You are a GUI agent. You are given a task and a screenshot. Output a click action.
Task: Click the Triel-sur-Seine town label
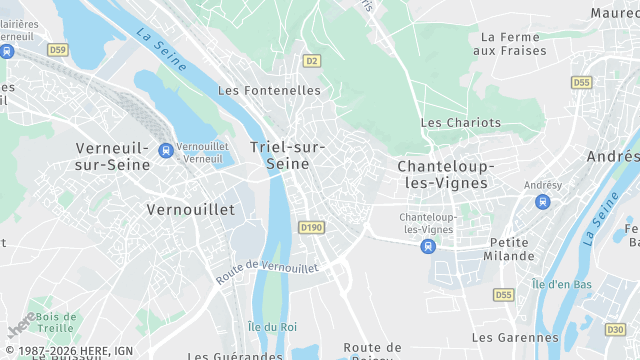[287, 155]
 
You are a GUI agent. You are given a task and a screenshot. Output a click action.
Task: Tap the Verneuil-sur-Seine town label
[112, 157]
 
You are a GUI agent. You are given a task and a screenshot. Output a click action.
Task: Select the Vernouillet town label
[190, 210]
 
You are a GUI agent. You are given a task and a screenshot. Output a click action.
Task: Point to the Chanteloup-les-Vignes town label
[442, 174]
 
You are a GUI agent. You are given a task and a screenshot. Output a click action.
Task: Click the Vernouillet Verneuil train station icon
[165, 151]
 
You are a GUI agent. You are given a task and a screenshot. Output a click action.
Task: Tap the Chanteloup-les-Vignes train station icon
[428, 245]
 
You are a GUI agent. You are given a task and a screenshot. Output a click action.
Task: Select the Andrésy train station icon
[543, 202]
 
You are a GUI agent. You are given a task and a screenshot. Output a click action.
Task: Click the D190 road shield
[311, 228]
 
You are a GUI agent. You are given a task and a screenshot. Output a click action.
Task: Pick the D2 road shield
[312, 61]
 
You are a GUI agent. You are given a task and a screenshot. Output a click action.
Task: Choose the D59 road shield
[58, 49]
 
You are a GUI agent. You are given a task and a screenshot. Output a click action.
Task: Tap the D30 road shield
[615, 329]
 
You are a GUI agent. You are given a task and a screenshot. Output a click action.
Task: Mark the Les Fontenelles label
[269, 90]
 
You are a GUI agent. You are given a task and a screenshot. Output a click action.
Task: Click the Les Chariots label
[460, 122]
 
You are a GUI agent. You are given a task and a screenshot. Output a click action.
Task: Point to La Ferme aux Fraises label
[510, 43]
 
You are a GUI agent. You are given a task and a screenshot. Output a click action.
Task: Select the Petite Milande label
[511, 249]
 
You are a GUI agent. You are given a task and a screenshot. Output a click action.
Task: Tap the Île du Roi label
[272, 326]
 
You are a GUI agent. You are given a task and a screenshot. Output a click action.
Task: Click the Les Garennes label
[516, 338]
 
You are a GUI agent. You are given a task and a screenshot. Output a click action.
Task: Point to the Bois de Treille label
[55, 322]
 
